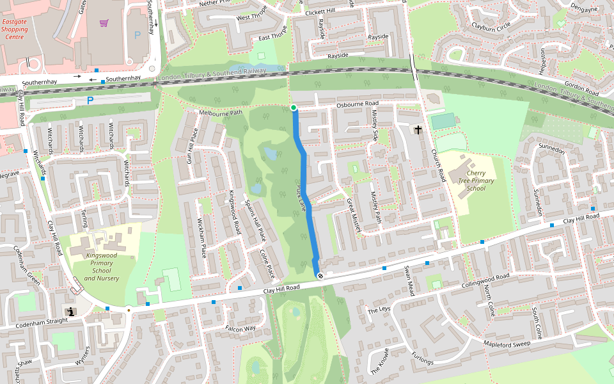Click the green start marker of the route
tap(294, 108)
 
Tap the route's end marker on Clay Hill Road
tap(320, 276)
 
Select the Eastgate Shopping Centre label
tap(15, 29)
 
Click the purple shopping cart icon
tap(104, 23)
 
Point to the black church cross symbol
tap(418, 131)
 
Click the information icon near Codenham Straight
tap(71, 312)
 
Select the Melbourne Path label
tap(221, 113)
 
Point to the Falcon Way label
tap(240, 328)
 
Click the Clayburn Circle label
tap(491, 27)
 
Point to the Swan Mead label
tap(409, 282)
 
